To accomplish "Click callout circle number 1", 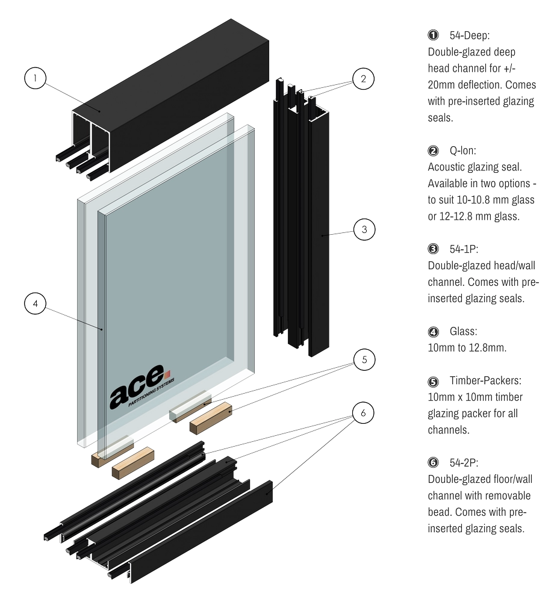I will coord(36,78).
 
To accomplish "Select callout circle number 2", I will coord(363,78).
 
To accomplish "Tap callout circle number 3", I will coord(363,229).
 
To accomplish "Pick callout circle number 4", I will coord(36,304).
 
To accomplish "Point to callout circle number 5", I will coord(363,360).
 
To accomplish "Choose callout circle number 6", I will coord(363,413).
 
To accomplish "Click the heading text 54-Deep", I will coord(470,36).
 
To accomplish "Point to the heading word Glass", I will coord(463,331).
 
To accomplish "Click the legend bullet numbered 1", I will coord(433,36).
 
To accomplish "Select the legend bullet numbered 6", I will coord(433,463).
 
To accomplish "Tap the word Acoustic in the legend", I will coord(449,167).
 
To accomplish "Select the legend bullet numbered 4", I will coord(433,331).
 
